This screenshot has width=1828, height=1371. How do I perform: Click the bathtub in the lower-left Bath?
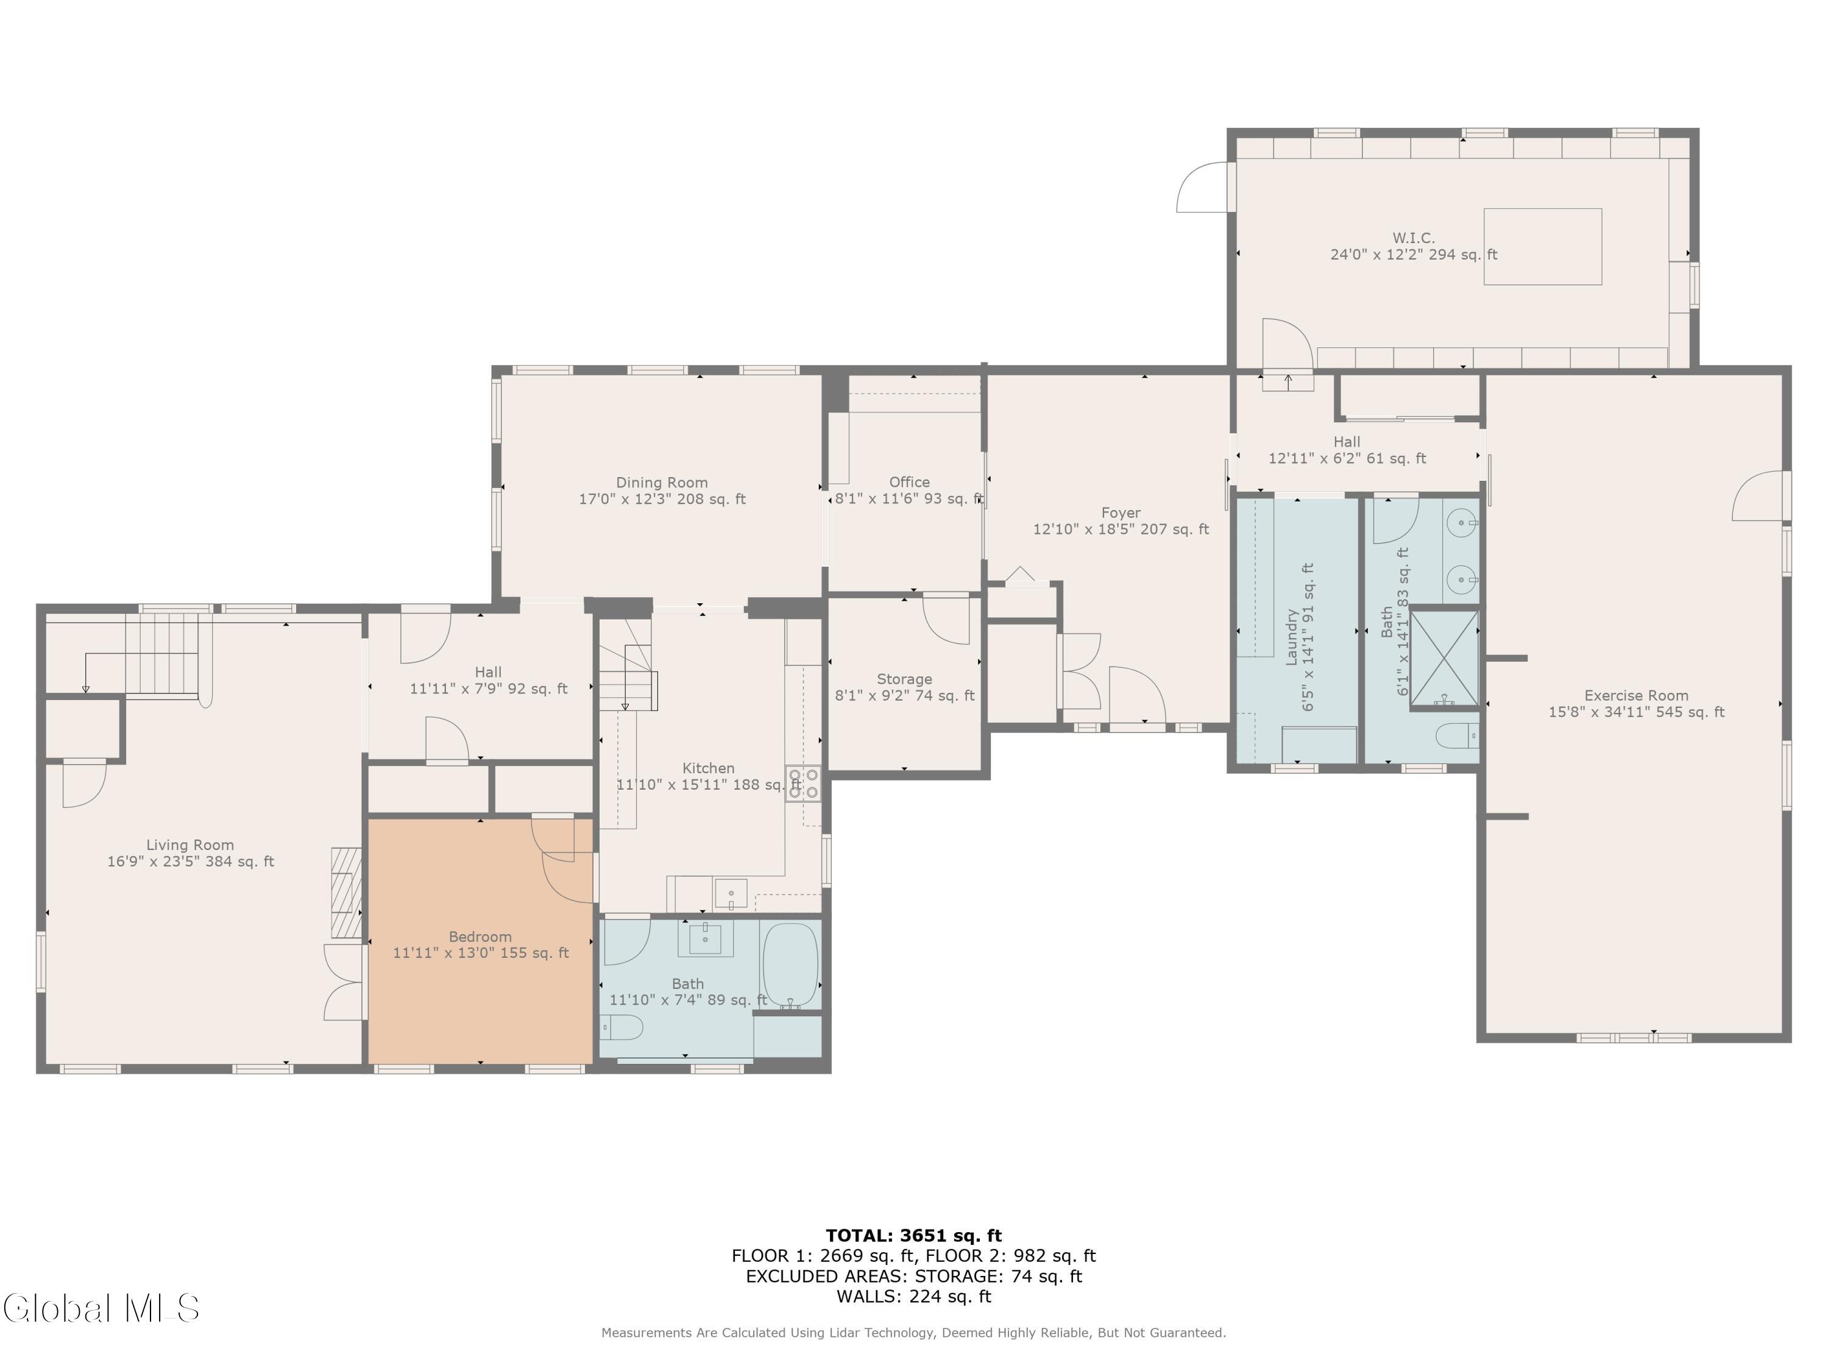(x=790, y=965)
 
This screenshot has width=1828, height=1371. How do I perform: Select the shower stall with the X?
(x=1444, y=659)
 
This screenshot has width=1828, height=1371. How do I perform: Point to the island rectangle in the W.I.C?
(x=1543, y=246)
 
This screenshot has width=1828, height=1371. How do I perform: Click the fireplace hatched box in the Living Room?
(x=346, y=893)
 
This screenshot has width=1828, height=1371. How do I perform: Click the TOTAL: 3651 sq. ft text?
(x=914, y=1236)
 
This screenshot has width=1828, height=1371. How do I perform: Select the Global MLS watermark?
(x=102, y=1308)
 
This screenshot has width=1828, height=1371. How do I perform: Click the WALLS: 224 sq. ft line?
(x=914, y=1297)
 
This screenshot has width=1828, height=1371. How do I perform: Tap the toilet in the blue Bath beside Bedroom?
(x=622, y=1028)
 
